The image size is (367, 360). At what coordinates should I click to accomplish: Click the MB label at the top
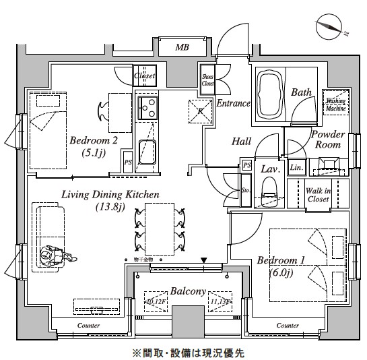182,48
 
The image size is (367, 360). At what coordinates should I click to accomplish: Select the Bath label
300,92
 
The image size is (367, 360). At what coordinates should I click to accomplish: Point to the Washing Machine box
335,102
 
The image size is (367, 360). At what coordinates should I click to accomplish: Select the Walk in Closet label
319,196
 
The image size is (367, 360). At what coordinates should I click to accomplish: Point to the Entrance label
233,104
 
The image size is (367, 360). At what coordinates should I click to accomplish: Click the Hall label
241,142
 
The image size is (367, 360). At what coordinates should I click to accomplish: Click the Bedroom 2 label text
94,141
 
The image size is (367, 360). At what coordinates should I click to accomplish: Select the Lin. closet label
296,167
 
